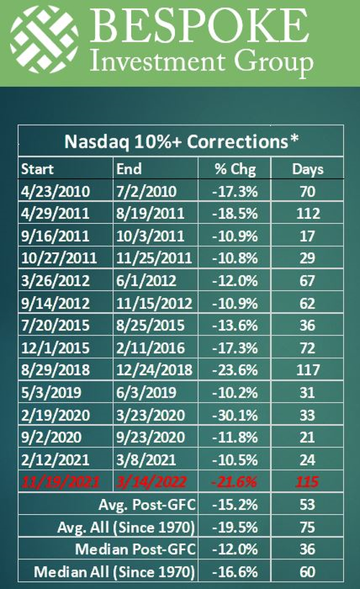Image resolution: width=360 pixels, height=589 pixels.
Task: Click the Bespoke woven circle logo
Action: pos(44,39)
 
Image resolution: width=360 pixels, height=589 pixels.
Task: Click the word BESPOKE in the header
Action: pos(200,26)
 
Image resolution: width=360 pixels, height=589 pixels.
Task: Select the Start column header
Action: pos(37,169)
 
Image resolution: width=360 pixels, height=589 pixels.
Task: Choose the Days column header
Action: pos(307,169)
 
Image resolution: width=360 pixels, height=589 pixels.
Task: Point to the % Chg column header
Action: pos(235,169)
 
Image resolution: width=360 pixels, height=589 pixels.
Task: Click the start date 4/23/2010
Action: pos(55,192)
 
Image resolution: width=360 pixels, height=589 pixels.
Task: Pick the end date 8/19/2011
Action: pos(150,214)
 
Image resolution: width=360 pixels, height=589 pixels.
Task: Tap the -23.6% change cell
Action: pos(235,370)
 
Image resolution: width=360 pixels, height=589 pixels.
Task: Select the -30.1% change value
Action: pos(235,415)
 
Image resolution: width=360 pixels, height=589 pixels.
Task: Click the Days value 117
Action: pos(307,370)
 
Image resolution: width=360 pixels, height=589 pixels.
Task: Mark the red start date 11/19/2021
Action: pos(60,482)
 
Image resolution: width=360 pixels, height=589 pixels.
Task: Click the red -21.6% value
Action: pos(234,482)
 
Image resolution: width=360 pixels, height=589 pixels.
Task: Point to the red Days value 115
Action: pos(307,482)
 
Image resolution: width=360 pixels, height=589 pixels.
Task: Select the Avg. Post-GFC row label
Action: pos(147,505)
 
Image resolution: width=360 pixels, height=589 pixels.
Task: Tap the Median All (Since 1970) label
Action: pos(114,572)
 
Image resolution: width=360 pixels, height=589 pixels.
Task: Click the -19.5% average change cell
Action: pos(235,527)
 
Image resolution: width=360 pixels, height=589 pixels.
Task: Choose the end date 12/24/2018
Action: pos(155,370)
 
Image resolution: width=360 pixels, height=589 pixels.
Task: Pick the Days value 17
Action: pos(307,236)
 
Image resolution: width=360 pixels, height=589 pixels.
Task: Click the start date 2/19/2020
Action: pos(55,415)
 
